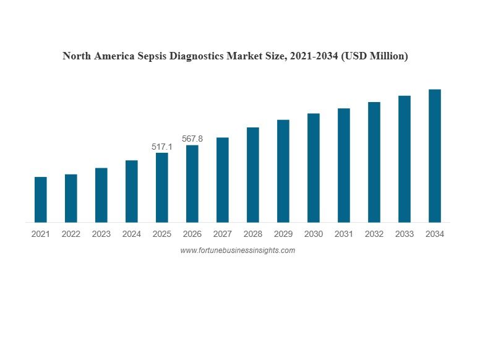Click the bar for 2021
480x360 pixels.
(x=40, y=199)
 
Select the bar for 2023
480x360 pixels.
(x=101, y=195)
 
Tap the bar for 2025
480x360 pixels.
(x=161, y=187)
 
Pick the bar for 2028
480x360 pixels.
(x=252, y=174)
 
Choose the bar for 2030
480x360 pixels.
(x=313, y=168)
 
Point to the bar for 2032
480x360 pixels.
(x=374, y=162)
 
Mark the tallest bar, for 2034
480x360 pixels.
(x=434, y=156)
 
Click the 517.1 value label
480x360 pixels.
(x=161, y=147)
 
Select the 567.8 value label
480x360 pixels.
(x=192, y=139)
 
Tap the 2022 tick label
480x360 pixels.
(x=71, y=234)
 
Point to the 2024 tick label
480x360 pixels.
(x=131, y=234)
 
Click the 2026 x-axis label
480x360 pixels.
(x=192, y=234)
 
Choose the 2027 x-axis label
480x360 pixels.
(x=222, y=234)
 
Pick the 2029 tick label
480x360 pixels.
(x=283, y=234)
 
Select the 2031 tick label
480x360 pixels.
(x=343, y=234)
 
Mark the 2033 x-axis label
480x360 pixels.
(x=404, y=234)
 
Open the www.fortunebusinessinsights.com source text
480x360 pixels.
(x=238, y=251)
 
